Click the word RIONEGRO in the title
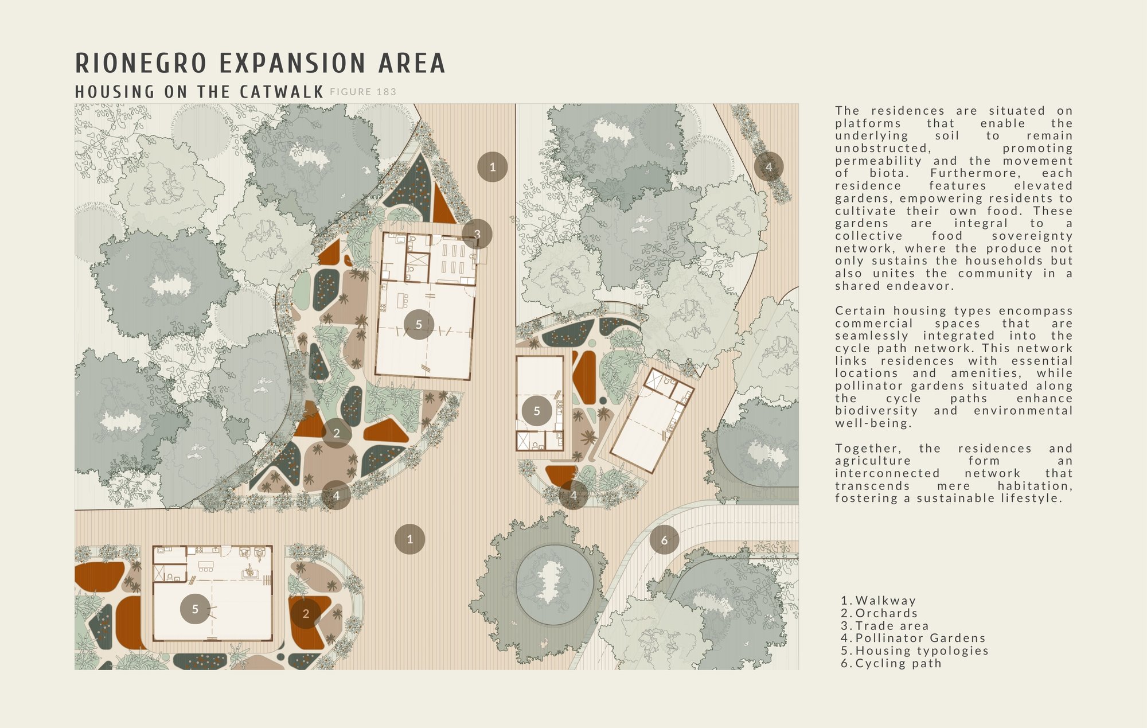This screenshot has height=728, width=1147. [141, 63]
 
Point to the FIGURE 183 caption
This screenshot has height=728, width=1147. [363, 92]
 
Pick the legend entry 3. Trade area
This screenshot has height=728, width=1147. [885, 626]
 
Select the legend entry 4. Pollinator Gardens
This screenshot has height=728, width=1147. [913, 638]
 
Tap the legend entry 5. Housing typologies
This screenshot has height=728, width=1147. [915, 651]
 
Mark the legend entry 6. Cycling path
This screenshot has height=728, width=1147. [891, 663]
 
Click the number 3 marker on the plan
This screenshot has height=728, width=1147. [477, 234]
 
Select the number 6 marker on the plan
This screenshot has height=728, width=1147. [664, 540]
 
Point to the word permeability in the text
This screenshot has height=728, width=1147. [878, 161]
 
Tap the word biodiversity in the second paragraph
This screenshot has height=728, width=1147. [876, 411]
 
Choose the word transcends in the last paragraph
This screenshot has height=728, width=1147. [872, 486]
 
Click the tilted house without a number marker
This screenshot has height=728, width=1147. [651, 420]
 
